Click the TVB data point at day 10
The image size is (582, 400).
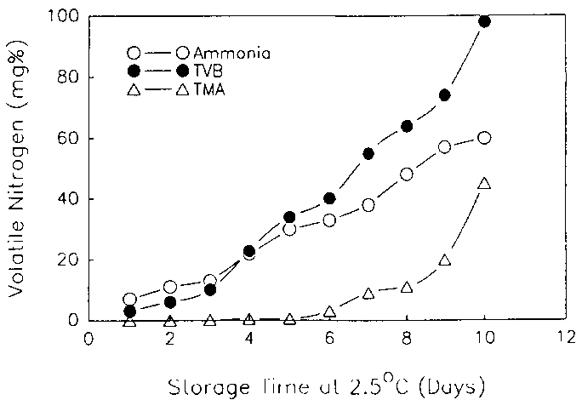[484, 21]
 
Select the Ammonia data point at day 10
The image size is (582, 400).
[484, 138]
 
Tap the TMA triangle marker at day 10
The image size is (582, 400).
[484, 183]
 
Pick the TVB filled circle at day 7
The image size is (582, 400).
[368, 153]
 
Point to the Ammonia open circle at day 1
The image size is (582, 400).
[129, 300]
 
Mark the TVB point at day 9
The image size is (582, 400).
[444, 95]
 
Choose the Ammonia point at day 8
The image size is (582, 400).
[406, 174]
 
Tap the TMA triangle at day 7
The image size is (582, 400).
[368, 294]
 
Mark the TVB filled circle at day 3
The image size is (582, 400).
[210, 290]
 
